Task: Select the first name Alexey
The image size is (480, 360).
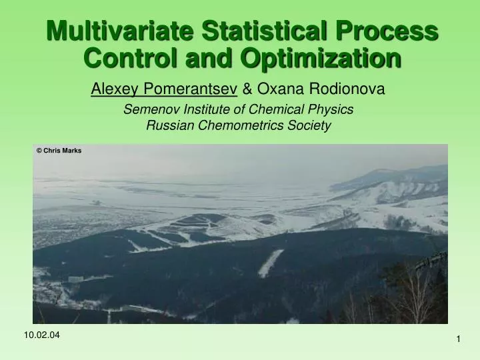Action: [x=113, y=88]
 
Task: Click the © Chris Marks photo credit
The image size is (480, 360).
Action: [x=59, y=151]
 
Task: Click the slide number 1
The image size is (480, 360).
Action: [x=459, y=341]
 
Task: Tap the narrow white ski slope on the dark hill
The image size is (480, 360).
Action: [x=271, y=263]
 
